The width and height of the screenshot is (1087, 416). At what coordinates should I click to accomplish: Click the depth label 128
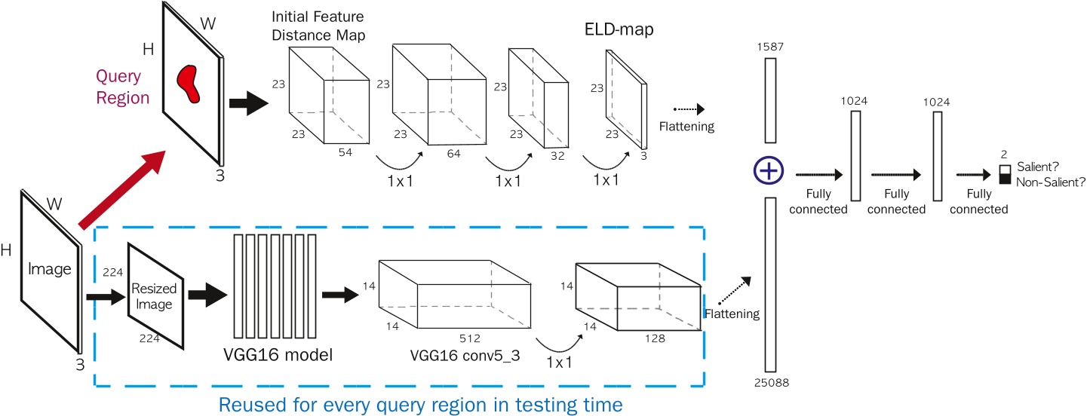coord(654,338)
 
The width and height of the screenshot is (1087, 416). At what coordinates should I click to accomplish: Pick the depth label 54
coord(346,152)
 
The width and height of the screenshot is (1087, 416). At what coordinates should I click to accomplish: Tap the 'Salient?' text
coord(1040,167)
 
